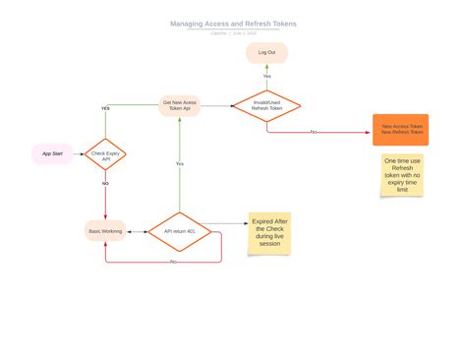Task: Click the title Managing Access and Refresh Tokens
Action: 233,24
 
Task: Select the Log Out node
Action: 266,52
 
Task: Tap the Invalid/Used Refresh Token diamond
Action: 266,105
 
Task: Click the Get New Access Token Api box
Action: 180,105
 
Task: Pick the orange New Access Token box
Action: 401,129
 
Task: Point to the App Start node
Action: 52,153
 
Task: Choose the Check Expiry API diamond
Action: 106,154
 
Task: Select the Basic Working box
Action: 105,231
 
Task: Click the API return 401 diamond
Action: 179,231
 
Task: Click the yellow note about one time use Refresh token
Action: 402,175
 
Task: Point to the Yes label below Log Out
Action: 266,76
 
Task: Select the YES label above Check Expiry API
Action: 105,108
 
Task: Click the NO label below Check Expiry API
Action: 105,183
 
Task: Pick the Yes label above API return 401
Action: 179,163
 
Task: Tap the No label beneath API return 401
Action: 173,262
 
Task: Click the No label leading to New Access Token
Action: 314,131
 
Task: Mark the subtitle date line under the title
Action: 233,32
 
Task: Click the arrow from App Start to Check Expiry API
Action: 80,153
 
